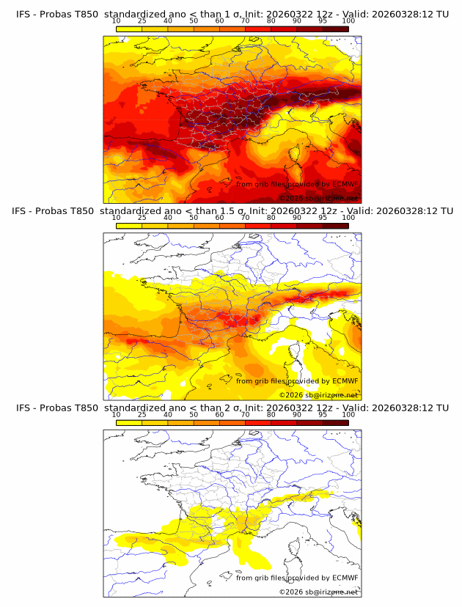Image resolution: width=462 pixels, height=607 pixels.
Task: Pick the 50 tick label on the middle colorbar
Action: click(x=194, y=218)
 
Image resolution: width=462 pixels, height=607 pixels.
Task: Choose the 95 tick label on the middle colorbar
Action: click(x=323, y=218)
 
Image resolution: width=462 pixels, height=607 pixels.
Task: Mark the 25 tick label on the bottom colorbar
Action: click(x=142, y=415)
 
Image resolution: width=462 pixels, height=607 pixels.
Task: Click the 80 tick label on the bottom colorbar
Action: click(x=271, y=415)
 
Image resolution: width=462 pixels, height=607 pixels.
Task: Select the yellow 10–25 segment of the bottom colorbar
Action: click(x=128, y=423)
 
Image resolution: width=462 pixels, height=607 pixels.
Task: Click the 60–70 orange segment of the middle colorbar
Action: click(x=232, y=226)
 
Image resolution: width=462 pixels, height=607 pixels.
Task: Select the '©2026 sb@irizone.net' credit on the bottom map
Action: click(x=318, y=592)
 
